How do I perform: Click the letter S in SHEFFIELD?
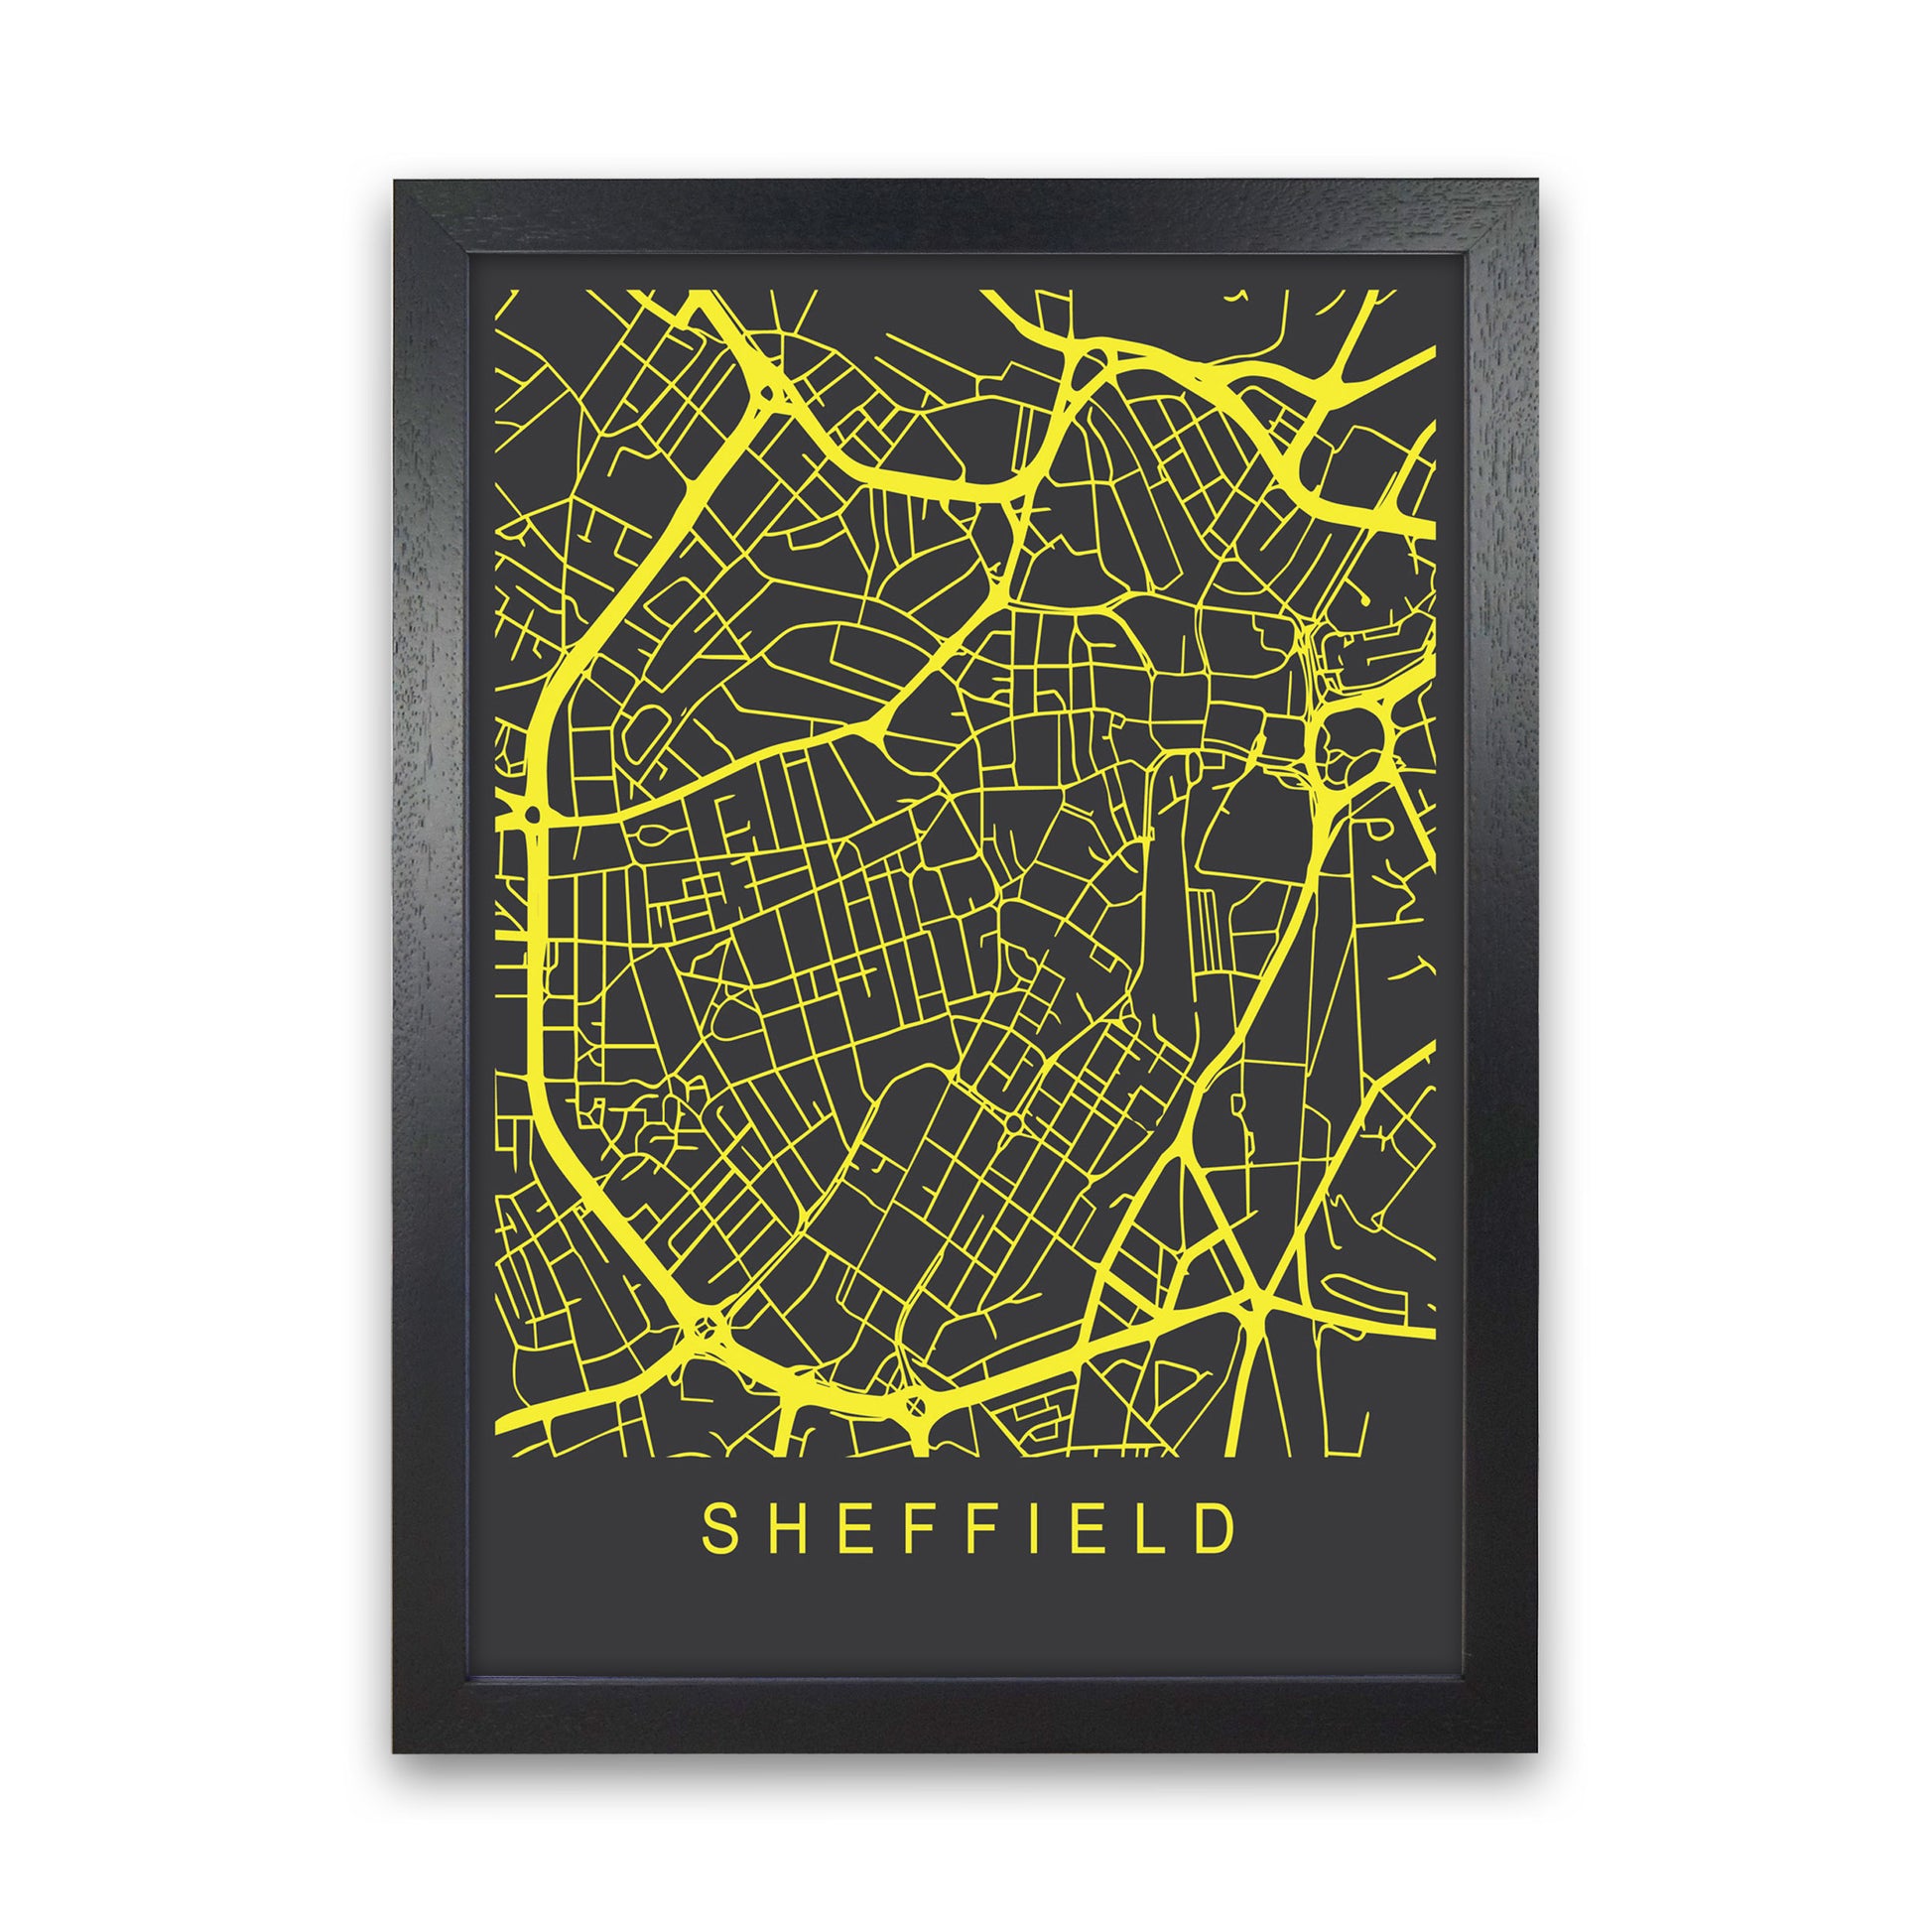pyautogui.click(x=717, y=1530)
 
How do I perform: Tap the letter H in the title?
pyautogui.click(x=782, y=1530)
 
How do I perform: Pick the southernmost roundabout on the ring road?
pyautogui.click(x=913, y=1406)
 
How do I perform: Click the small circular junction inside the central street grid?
pyautogui.click(x=1011, y=1126)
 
